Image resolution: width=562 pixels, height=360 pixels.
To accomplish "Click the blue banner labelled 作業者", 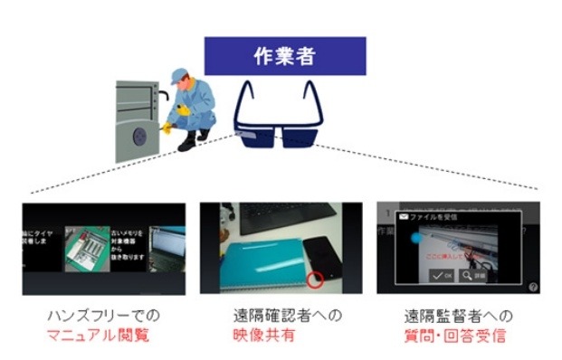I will pos(284,55).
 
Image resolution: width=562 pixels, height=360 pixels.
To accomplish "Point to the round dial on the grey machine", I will pos(138,136).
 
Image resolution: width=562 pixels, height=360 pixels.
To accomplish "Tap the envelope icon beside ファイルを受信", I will pos(404,218).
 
